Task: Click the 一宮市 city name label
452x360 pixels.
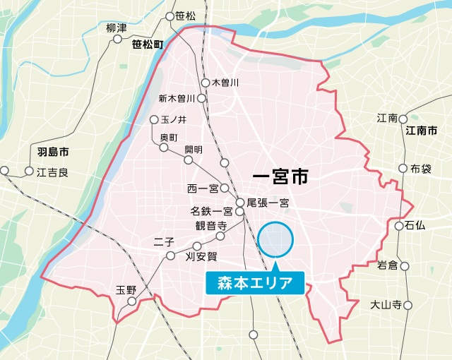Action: click(280, 176)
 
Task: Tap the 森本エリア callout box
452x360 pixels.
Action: click(254, 284)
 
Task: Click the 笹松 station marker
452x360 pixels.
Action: click(169, 16)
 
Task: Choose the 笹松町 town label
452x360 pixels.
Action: click(148, 44)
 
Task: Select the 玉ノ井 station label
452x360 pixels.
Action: click(172, 119)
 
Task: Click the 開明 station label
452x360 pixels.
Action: click(193, 150)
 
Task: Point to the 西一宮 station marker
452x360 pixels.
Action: click(224, 188)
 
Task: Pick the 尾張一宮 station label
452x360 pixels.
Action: click(268, 203)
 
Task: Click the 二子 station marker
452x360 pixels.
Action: click(169, 256)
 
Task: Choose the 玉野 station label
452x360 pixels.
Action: click(126, 289)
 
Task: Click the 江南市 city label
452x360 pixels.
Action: click(422, 131)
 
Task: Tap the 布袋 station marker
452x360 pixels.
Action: click(403, 169)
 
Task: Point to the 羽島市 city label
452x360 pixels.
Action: click(54, 152)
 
